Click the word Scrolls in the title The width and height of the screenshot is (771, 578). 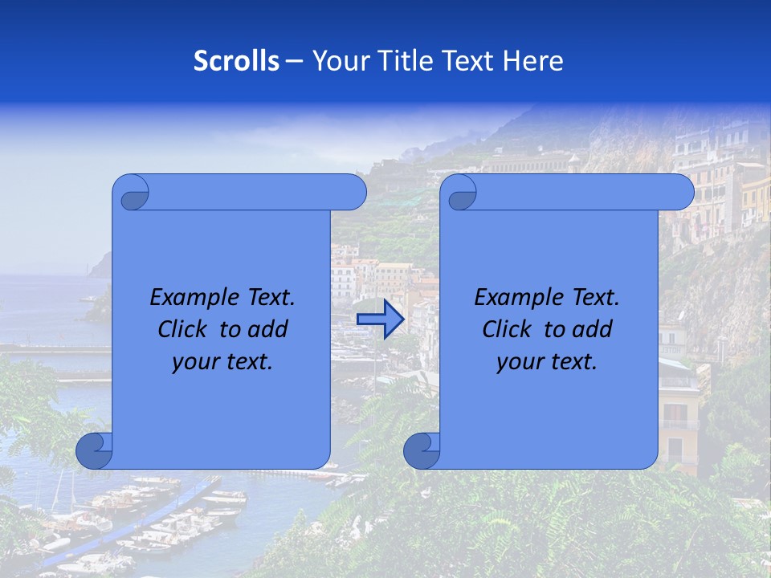[x=236, y=61]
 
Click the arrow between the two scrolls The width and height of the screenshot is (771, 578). [x=380, y=320]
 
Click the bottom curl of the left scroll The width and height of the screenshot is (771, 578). [x=95, y=450]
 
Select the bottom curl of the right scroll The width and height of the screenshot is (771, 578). [x=422, y=450]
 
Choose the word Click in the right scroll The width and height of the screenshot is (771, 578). [x=506, y=329]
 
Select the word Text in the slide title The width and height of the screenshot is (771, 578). [x=471, y=61]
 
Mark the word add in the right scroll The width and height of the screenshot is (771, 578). [x=591, y=329]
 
